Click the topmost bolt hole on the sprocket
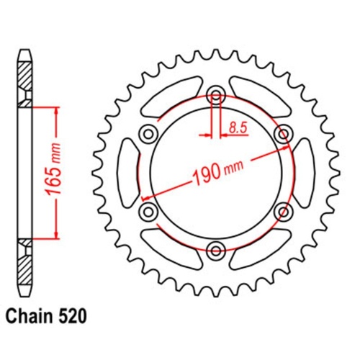[215, 94]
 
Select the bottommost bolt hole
[215, 250]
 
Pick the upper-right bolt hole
[283, 132]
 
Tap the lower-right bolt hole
[283, 211]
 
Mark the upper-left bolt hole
[148, 132]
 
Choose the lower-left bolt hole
[148, 211]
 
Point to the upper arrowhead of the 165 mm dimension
[55, 112]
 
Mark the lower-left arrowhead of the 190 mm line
[147, 197]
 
